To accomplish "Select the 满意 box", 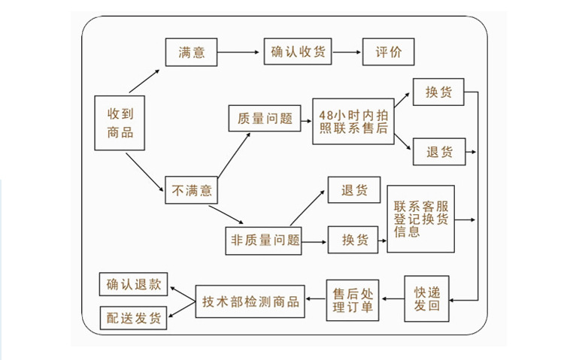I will [x=190, y=53].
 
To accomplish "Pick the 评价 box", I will [x=388, y=53].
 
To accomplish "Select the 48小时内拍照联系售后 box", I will [x=353, y=121].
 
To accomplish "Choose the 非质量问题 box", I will [x=263, y=241].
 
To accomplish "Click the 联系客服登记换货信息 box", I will [x=421, y=219].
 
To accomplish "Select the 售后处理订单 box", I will [x=352, y=300].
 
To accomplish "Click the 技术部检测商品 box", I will [x=250, y=301].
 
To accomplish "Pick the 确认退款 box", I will [x=134, y=285].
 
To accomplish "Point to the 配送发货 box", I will [x=134, y=318].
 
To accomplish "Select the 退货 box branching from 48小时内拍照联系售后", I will [x=438, y=152].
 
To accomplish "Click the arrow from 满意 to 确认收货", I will [x=239, y=53].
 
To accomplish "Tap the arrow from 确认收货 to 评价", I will [x=347, y=53].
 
